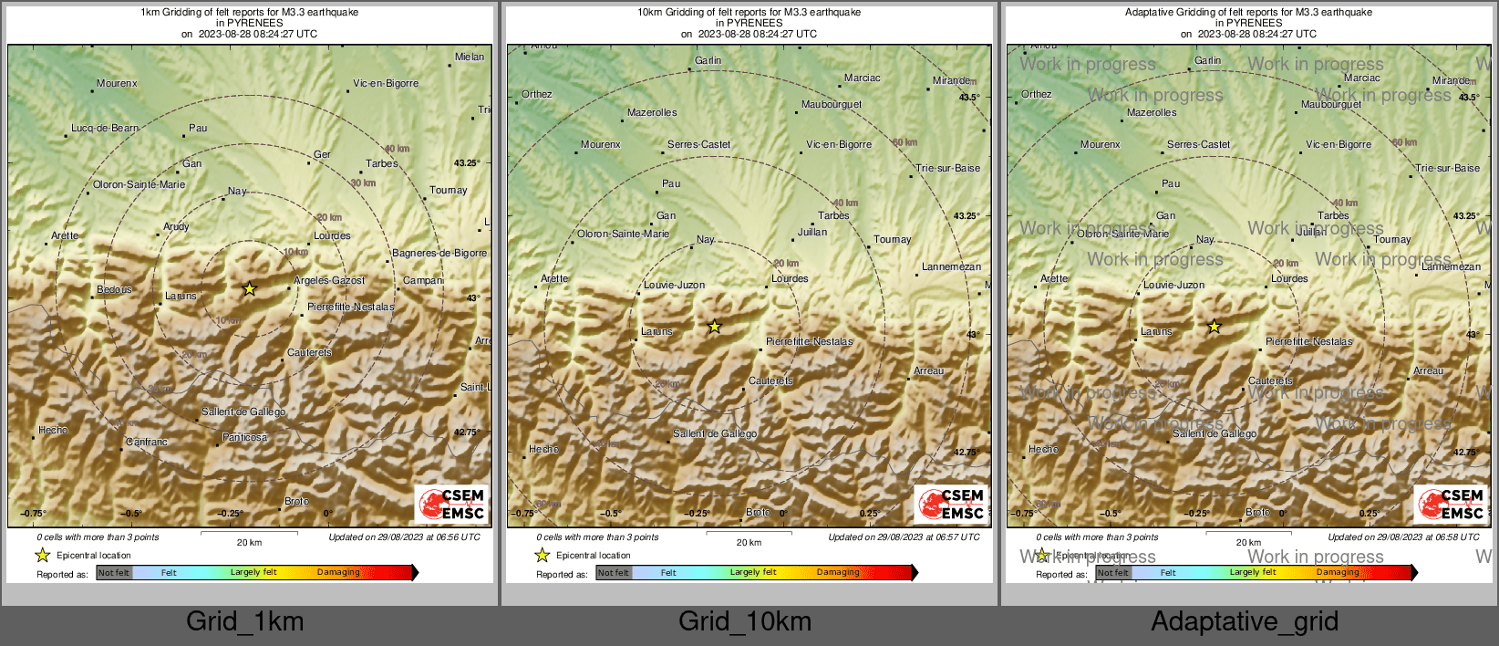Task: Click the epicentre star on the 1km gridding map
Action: click(x=250, y=289)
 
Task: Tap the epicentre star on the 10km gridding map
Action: click(x=715, y=327)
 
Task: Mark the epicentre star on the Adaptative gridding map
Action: click(x=1215, y=327)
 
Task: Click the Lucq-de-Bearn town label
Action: click(x=105, y=129)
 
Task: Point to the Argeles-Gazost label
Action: click(x=329, y=281)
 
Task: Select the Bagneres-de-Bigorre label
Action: click(x=439, y=254)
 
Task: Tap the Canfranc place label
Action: click(x=147, y=443)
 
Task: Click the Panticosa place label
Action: click(x=245, y=438)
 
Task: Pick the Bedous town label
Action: click(x=115, y=290)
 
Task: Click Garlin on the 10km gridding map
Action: click(x=708, y=61)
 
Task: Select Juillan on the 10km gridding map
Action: click(x=812, y=233)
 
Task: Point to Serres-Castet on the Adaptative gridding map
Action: click(x=1198, y=145)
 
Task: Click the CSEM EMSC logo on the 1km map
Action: click(x=452, y=504)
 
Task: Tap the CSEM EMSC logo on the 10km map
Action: click(x=952, y=504)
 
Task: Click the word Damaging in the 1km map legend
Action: click(x=338, y=573)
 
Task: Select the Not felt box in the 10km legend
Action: click(x=614, y=573)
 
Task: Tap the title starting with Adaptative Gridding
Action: click(x=1248, y=13)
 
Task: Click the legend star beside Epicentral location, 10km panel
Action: click(x=543, y=556)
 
